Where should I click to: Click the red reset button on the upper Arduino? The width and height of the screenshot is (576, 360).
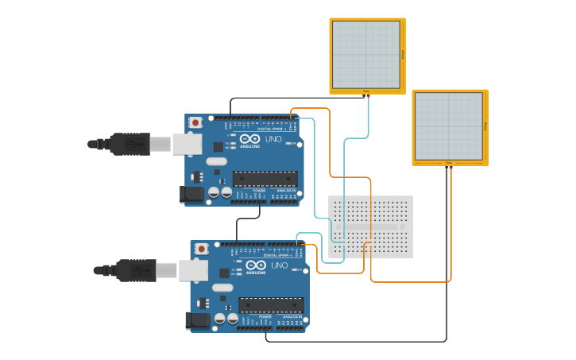195,122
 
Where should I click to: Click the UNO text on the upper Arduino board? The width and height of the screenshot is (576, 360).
273,139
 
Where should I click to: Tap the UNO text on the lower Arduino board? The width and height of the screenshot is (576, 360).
279,265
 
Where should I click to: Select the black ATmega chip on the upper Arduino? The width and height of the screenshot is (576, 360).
265,179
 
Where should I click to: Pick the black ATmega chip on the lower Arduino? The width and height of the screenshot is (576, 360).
271,304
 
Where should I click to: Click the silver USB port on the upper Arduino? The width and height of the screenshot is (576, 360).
186,144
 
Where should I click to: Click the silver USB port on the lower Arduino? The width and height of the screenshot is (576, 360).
192,270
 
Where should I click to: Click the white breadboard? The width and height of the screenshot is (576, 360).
370,226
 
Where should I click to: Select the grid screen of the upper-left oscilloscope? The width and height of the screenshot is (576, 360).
365,54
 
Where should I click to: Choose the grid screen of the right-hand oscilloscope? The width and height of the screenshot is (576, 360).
449,126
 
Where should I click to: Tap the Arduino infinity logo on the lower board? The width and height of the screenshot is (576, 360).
256,265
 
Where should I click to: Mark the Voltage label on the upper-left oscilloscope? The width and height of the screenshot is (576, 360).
403,54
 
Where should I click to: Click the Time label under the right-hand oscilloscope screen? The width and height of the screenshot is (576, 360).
449,164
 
